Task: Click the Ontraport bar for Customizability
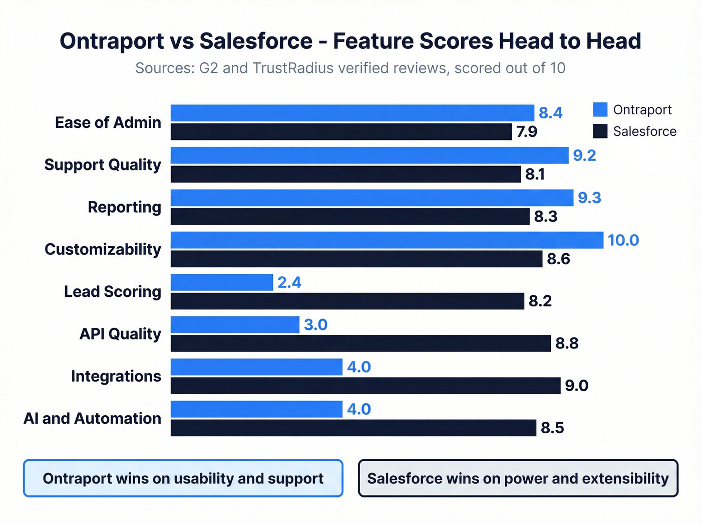pos(387,240)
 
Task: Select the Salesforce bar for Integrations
pos(366,386)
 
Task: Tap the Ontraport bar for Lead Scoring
pos(222,282)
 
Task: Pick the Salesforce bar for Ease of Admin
pos(341,132)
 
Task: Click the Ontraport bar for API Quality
pos(235,325)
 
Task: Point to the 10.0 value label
pos(623,240)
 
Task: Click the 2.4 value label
pos(289,282)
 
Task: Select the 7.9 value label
pos(526,132)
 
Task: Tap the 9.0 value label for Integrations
pos(576,386)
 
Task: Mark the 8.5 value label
pos(552,428)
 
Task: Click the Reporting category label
pos(124,207)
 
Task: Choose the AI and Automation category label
pos(92,418)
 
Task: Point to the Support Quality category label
pos(103,164)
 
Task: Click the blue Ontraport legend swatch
pos(600,109)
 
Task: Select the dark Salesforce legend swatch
pos(600,131)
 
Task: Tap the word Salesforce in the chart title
pos(256,41)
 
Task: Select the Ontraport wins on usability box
pos(183,478)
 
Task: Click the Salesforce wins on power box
pos(518,478)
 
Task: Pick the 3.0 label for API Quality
pos(315,325)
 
